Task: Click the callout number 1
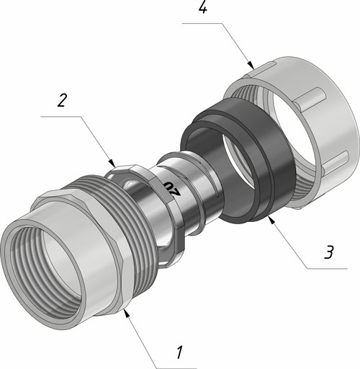[179, 352]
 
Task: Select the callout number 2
[62, 100]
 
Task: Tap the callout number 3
[329, 252]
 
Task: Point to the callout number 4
[203, 8]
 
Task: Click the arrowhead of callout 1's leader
[125, 313]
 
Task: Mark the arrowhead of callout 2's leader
[113, 164]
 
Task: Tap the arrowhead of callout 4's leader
[251, 66]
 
